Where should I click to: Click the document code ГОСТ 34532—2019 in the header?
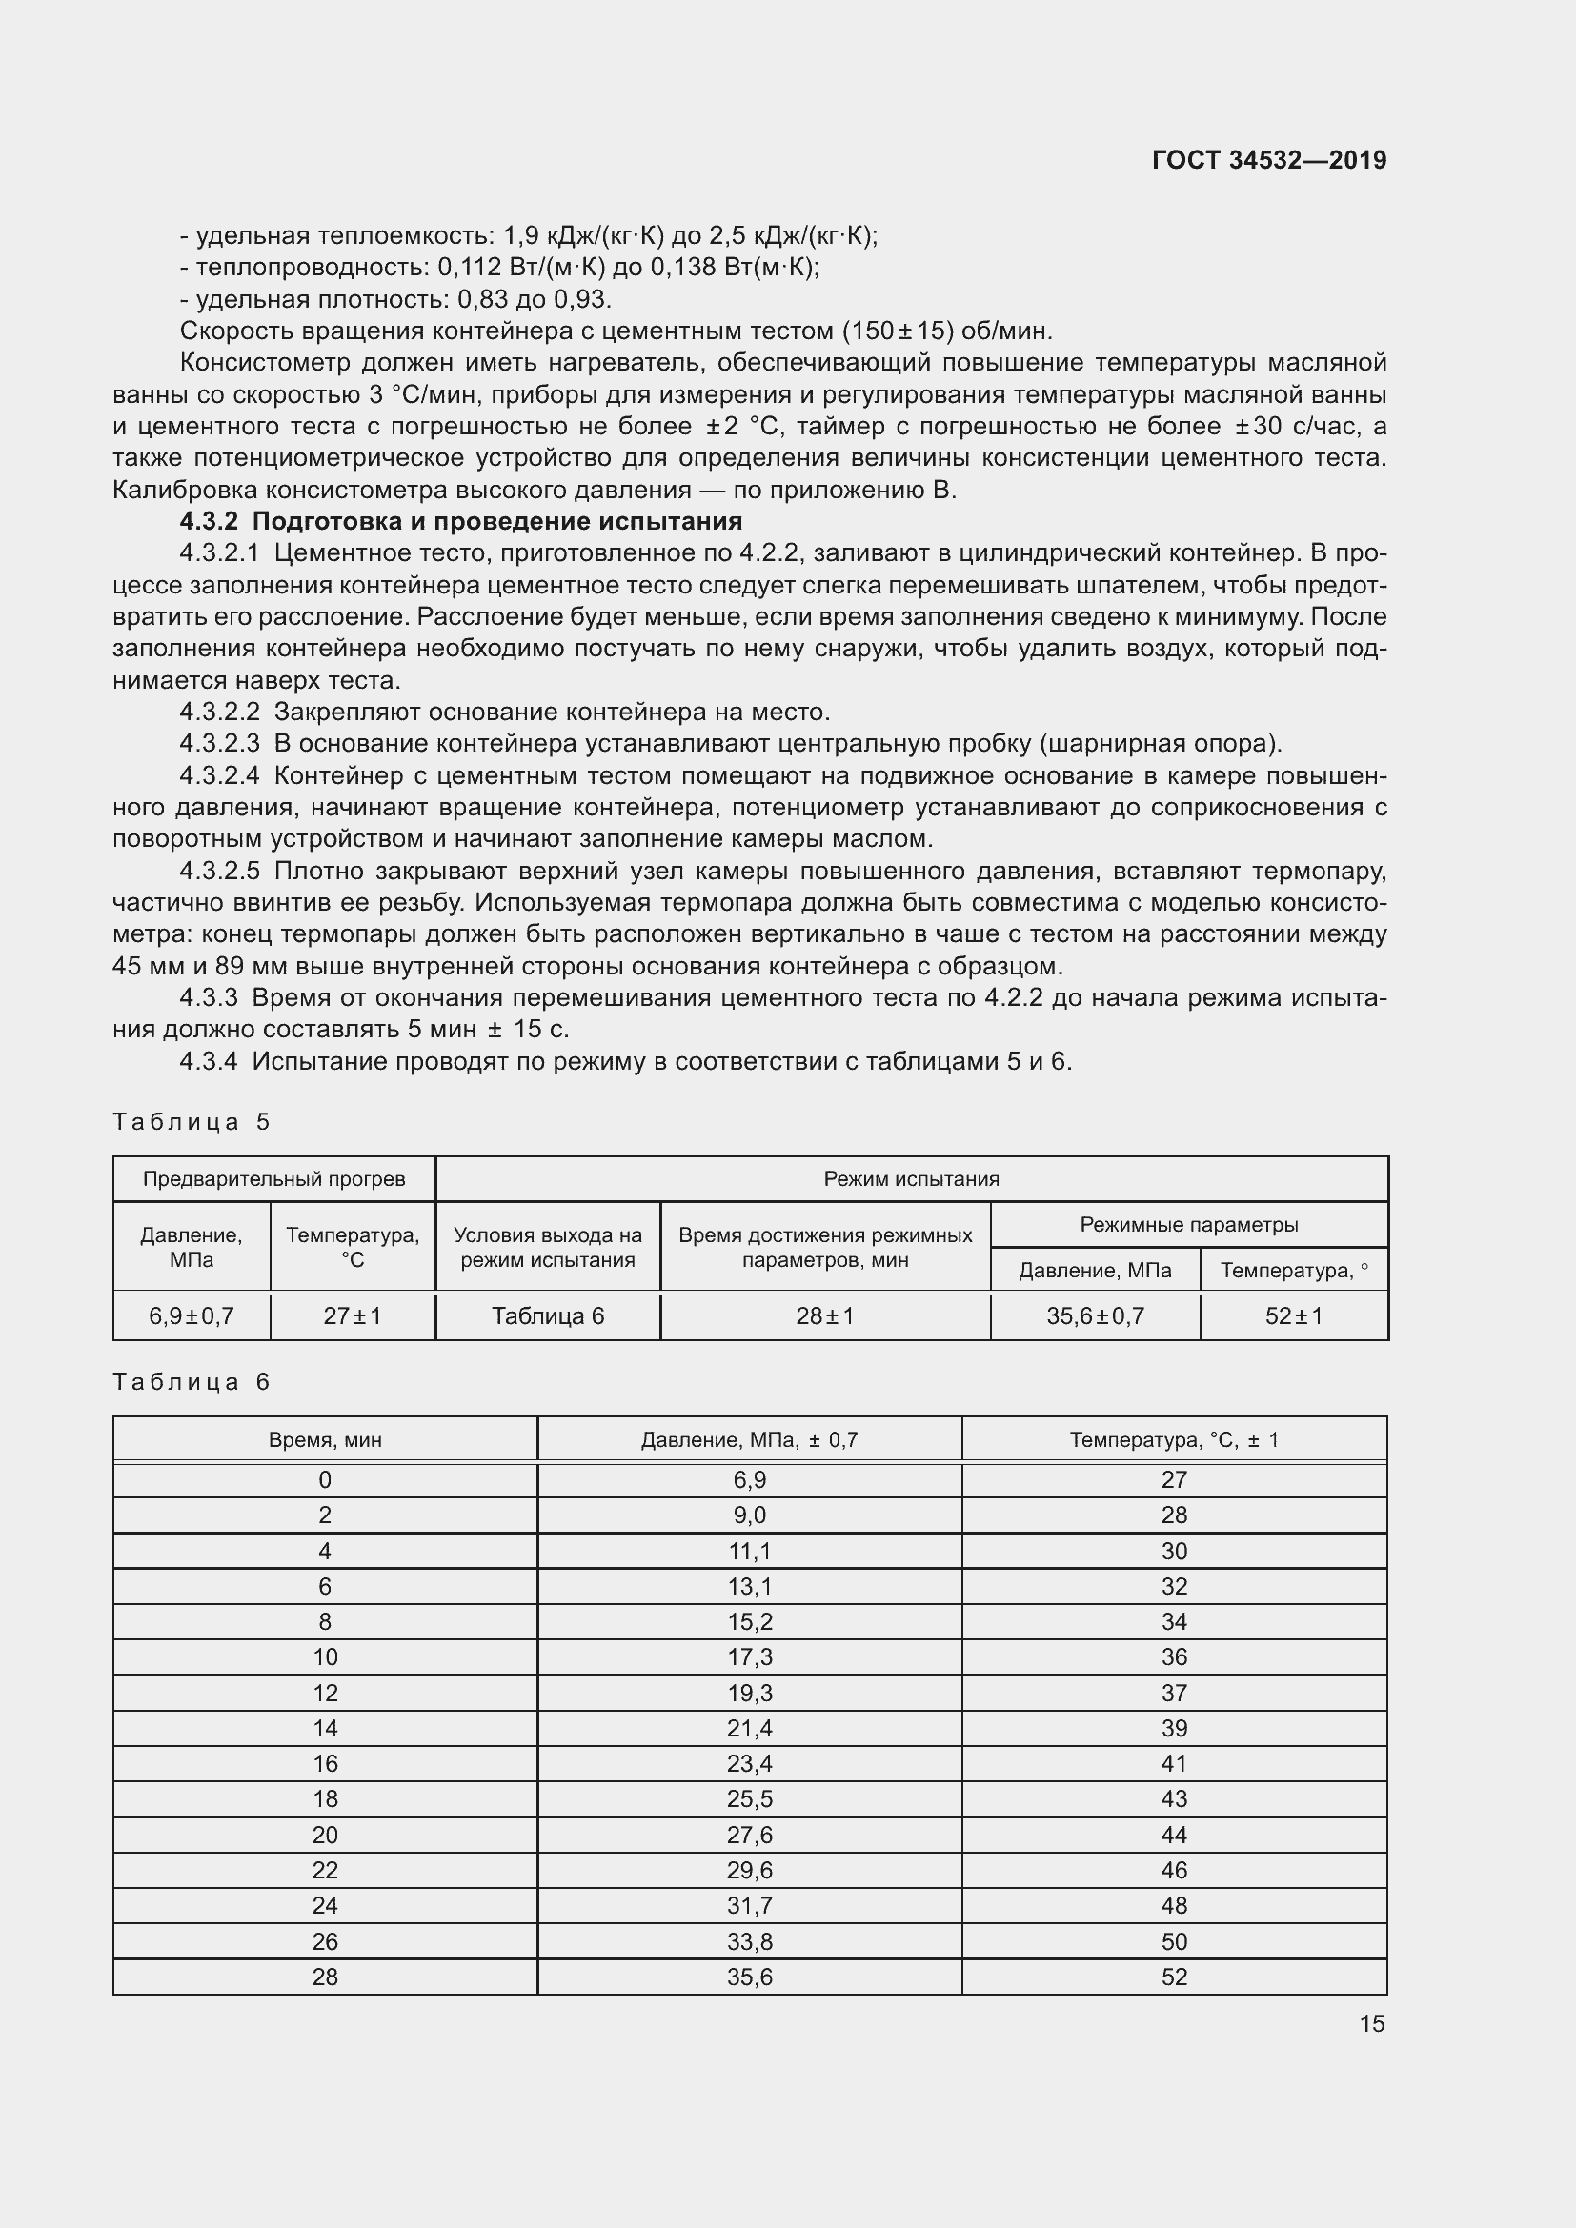1268,160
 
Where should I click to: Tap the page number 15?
1371,2023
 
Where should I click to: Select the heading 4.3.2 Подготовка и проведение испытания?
461,522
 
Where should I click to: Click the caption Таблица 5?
192,1122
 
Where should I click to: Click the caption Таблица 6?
192,1382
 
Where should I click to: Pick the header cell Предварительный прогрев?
273,1179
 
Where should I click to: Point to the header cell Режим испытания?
911,1179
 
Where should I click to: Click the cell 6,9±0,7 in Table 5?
192,1315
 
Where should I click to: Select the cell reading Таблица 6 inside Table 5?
547,1315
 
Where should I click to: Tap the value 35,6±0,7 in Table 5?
1095,1315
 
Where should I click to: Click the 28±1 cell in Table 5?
825,1315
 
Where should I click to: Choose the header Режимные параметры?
1189,1225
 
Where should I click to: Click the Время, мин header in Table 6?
325,1440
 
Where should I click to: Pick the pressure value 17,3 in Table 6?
749,1657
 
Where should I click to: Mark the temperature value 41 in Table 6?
1174,1764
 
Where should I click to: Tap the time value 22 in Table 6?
325,1870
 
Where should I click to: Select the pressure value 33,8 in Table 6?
749,1941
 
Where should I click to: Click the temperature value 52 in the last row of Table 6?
1174,1977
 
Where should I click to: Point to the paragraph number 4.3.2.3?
219,743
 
